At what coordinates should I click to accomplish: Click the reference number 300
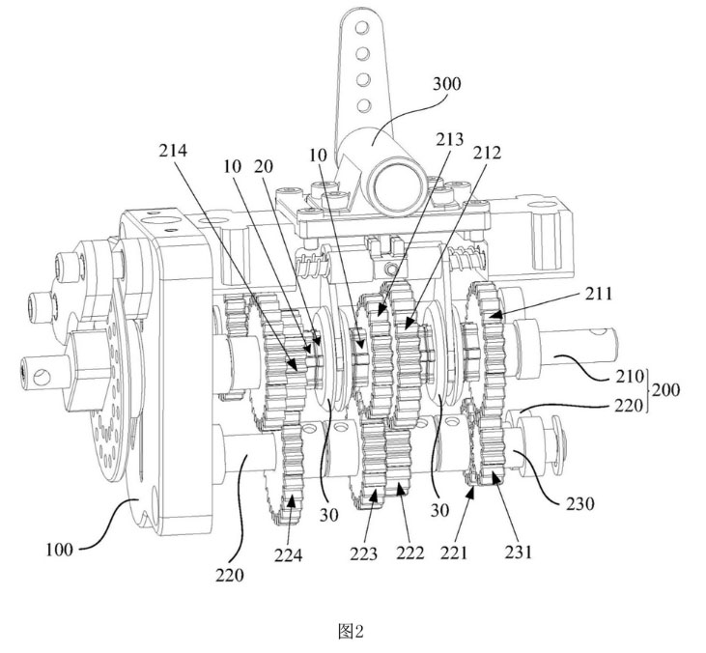[x=446, y=84]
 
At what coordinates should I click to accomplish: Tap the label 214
[x=173, y=151]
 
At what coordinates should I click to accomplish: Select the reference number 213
[x=449, y=140]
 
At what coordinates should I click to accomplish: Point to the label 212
[x=487, y=154]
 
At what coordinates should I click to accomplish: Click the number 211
[x=599, y=294]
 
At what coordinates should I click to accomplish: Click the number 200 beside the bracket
[x=665, y=389]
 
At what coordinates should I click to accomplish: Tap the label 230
[x=579, y=504]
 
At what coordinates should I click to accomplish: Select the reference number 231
[x=519, y=552]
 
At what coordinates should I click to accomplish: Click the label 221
[x=454, y=553]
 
